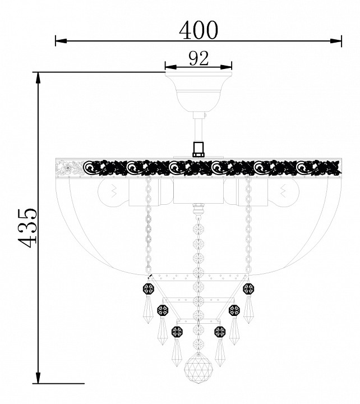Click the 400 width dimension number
(199, 30)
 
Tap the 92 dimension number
(199, 58)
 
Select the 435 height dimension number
(27, 227)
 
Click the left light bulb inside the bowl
(113, 192)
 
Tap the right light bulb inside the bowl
(283, 192)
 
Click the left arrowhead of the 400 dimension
(61, 41)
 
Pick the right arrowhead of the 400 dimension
(336, 41)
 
